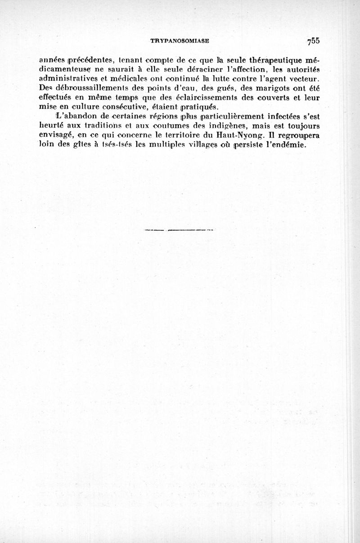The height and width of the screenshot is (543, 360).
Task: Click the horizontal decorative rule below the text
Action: click(180, 231)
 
